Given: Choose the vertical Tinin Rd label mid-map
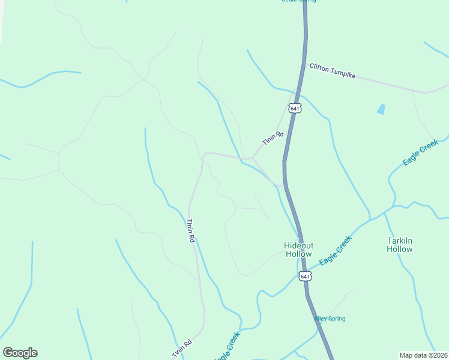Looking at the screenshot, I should [191, 230].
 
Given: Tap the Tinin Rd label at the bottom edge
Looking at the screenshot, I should [182, 349].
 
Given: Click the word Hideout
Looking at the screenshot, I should [298, 245].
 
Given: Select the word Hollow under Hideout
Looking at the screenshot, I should [298, 254].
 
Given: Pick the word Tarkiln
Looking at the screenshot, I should [399, 241].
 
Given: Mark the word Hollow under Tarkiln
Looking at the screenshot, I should [399, 249].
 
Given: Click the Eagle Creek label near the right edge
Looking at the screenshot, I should [421, 153].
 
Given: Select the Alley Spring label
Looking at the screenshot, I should [330, 319].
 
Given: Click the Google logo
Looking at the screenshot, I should [20, 353].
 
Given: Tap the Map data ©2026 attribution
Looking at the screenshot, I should [424, 355].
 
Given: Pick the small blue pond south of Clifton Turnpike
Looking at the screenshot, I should [381, 109].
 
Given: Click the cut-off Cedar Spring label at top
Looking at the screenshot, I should [298, 1].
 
